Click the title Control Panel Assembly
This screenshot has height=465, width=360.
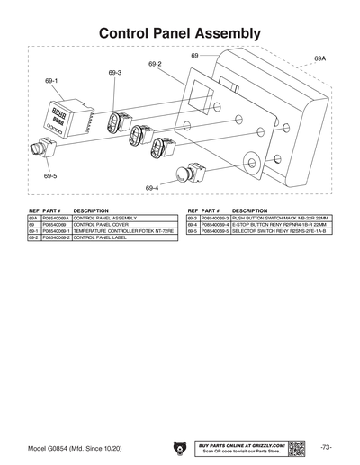coord(180,32)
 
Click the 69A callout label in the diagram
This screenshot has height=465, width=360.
coord(319,58)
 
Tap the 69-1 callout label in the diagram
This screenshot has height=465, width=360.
coord(51,80)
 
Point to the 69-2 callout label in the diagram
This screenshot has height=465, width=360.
coord(154,64)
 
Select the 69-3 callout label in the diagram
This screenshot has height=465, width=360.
coord(114,72)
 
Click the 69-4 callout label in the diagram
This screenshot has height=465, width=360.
coord(152,187)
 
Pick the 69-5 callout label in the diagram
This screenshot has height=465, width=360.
coord(50,176)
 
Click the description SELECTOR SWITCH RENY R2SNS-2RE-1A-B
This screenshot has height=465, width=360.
coord(275,231)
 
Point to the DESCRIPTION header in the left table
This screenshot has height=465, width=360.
coord(91,210)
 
